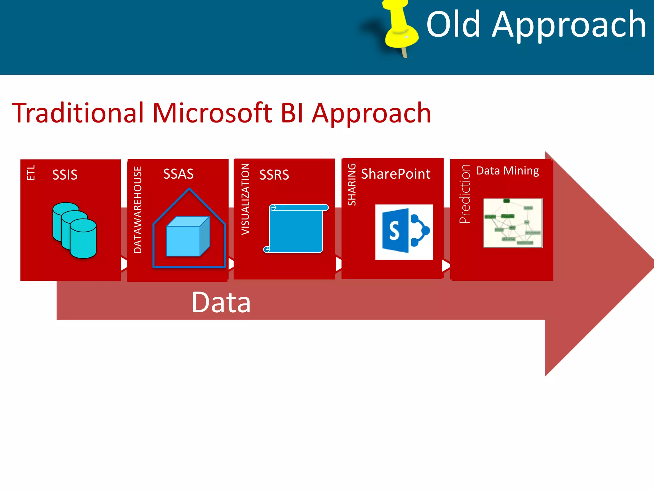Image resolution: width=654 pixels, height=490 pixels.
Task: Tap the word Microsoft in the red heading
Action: pyautogui.click(x=212, y=113)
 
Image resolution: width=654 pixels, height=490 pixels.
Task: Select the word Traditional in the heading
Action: pyautogui.click(x=78, y=113)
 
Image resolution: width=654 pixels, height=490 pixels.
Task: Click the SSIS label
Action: pyautogui.click(x=65, y=175)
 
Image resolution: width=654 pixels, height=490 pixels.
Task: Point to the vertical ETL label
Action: pyautogui.click(x=31, y=173)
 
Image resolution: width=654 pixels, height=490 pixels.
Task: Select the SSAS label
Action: pyautogui.click(x=178, y=174)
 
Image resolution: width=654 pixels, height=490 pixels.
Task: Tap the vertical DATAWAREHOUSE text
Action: pyautogui.click(x=138, y=210)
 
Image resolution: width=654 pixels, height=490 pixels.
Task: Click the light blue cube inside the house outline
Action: pyautogui.click(x=188, y=236)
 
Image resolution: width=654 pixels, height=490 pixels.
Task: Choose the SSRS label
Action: pyautogui.click(x=274, y=175)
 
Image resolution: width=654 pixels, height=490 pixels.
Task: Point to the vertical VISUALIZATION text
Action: pyautogui.click(x=245, y=199)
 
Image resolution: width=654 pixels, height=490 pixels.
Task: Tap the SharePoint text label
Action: pyautogui.click(x=396, y=174)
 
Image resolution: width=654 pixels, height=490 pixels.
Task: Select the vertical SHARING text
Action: pyautogui.click(x=352, y=184)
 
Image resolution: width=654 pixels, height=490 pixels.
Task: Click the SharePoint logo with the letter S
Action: pyautogui.click(x=404, y=232)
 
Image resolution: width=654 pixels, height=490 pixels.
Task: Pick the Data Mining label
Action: pyautogui.click(x=507, y=171)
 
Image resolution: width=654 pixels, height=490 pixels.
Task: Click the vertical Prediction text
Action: pyautogui.click(x=465, y=194)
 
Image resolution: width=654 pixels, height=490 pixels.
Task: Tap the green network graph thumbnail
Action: pyautogui.click(x=513, y=223)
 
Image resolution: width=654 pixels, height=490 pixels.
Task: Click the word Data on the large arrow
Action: pyautogui.click(x=221, y=302)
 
